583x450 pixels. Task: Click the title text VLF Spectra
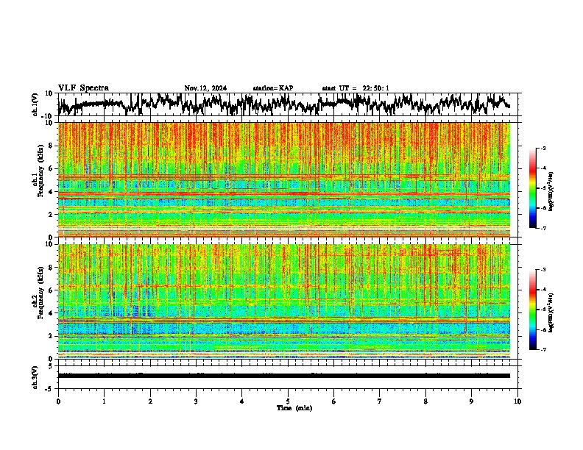83,88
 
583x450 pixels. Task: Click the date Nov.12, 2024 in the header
205,88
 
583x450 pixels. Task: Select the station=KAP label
272,88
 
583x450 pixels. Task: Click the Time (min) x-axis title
294,408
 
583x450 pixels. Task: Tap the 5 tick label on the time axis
288,401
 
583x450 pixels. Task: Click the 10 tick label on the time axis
517,401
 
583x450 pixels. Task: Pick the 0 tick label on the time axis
58,401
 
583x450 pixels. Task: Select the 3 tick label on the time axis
196,401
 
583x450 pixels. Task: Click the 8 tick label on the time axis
425,401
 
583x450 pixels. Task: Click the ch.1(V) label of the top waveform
35,104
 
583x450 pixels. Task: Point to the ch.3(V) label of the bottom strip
35,375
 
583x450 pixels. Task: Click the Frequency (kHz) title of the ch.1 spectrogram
41,180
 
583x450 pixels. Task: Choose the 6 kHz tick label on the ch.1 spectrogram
52,169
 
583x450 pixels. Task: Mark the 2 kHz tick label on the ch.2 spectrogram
52,336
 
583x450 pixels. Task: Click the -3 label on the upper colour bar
543,149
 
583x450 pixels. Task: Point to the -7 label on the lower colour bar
543,350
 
